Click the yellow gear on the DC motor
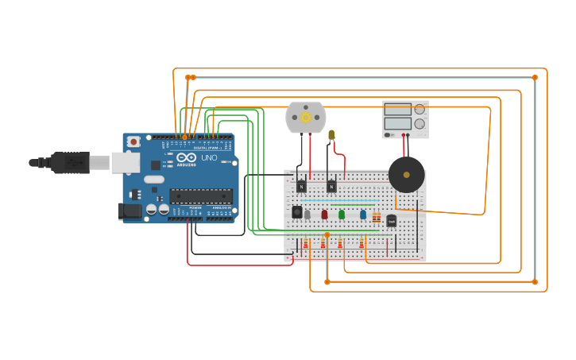point(306,118)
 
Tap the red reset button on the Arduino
point(133,141)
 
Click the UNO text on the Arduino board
point(207,158)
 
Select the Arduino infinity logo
point(186,157)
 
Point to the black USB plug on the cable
point(69,162)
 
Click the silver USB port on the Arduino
point(125,162)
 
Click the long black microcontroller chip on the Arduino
point(200,195)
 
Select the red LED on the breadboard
point(324,214)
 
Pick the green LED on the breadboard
point(342,214)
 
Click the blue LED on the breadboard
point(363,214)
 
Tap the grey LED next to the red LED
point(307,214)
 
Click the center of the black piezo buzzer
point(406,174)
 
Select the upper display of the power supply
point(397,110)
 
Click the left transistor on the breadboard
point(301,187)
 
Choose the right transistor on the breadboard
point(331,187)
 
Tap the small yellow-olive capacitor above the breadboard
point(331,135)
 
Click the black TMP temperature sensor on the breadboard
point(391,220)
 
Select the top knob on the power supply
point(419,110)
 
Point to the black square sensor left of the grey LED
point(296,212)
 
